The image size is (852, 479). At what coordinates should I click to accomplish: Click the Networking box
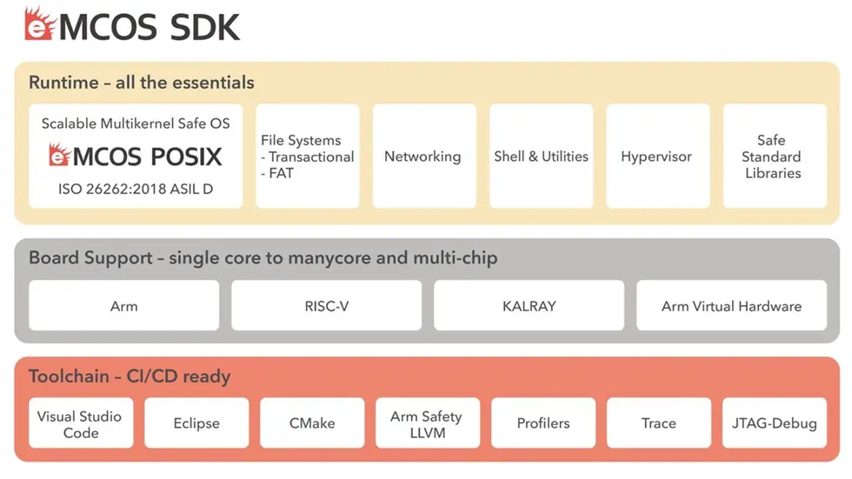[x=423, y=156]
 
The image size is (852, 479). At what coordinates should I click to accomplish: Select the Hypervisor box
[x=656, y=156]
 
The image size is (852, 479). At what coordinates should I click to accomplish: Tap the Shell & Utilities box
[x=541, y=156]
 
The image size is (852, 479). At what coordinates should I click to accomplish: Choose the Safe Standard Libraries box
[x=773, y=156]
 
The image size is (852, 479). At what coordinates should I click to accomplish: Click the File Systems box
[x=307, y=156]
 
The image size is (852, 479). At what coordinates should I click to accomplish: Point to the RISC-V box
[x=326, y=306]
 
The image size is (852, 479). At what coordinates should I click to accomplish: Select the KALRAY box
[x=529, y=306]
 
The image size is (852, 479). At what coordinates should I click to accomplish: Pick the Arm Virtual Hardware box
[x=731, y=306]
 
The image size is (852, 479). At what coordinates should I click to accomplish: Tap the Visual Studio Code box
[x=80, y=423]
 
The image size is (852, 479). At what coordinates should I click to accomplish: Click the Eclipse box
[x=196, y=423]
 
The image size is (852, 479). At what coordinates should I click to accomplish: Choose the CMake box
[x=311, y=423]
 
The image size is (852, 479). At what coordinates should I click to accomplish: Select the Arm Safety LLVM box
[x=427, y=423]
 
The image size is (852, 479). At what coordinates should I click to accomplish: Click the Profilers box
[x=543, y=423]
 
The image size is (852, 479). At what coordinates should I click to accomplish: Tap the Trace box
[x=658, y=423]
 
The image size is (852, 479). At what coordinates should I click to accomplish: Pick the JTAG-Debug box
[x=774, y=423]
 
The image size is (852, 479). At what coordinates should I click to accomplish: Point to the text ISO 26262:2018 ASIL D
[x=136, y=188]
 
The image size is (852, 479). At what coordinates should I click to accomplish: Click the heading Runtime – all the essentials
[x=142, y=83]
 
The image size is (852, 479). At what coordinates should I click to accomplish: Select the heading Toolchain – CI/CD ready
[x=130, y=376]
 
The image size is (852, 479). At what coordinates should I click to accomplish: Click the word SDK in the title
[x=204, y=27]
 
